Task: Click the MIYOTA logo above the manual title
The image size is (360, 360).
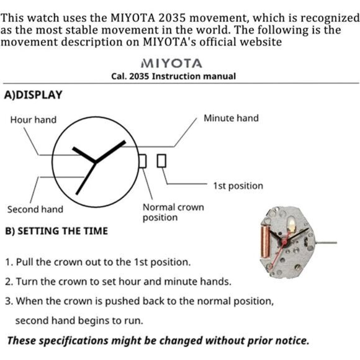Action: (171, 63)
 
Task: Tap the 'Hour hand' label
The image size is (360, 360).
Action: (34, 120)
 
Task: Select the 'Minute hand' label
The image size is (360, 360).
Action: (231, 118)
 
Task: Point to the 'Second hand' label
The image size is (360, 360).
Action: (35, 209)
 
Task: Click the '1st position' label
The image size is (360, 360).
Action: (238, 186)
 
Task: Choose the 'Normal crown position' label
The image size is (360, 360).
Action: (173, 212)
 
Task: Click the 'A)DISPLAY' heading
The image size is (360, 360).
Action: (34, 95)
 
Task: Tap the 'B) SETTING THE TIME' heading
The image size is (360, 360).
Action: (56, 231)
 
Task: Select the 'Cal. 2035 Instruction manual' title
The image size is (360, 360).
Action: (174, 76)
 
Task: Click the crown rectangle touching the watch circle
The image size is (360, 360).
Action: (143, 161)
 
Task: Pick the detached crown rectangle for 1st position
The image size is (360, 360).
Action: (161, 161)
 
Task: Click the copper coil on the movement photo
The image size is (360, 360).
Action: (266, 241)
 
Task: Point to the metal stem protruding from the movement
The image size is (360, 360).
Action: (326, 243)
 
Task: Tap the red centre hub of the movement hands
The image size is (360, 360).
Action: (284, 241)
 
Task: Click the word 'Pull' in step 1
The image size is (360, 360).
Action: (25, 262)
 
